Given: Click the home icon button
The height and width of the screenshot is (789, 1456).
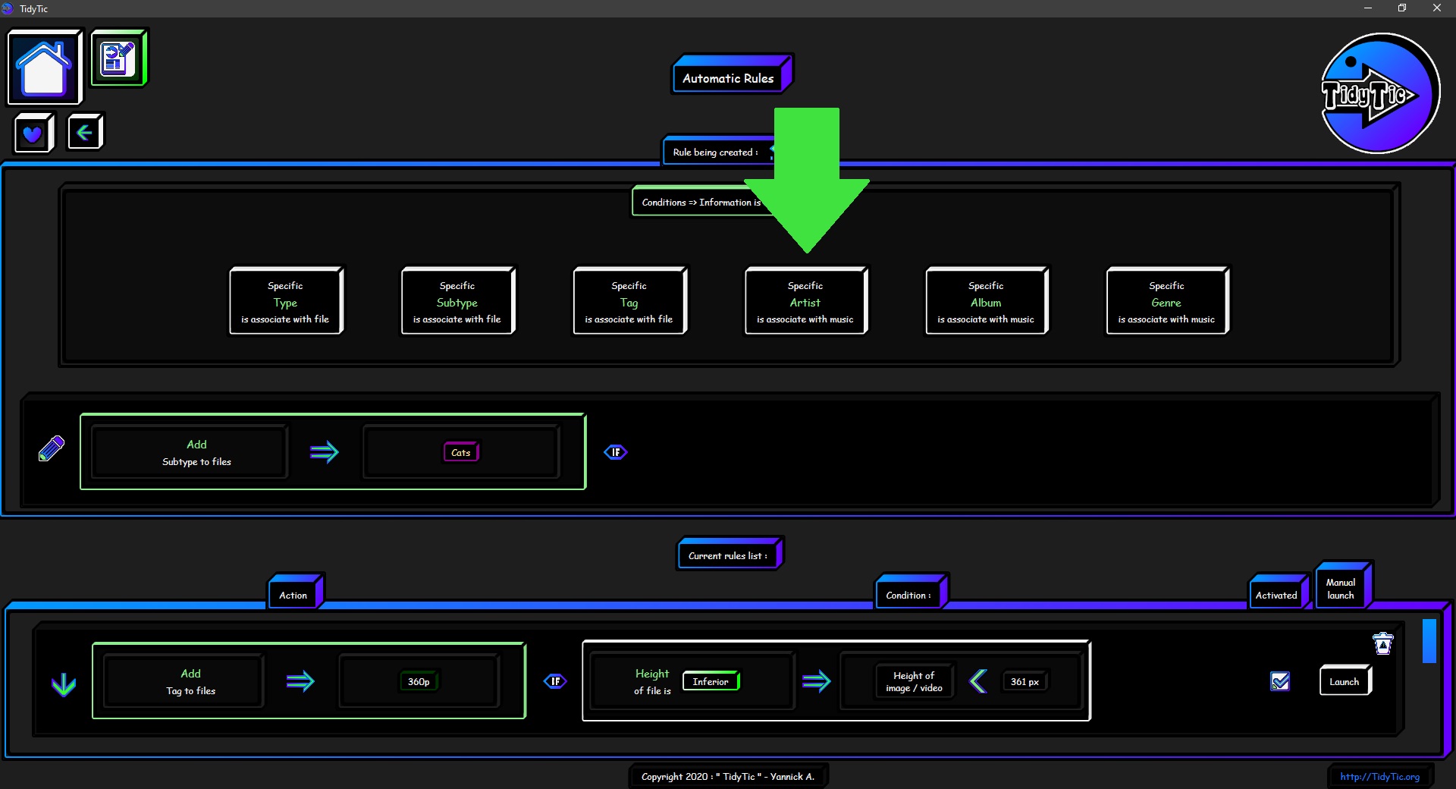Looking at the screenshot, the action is point(45,67).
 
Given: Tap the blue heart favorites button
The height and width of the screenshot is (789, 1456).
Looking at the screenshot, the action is point(33,134).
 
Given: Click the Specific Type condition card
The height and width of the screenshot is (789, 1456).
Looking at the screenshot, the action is point(286,300).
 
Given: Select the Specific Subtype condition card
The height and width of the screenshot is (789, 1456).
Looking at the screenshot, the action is point(457,300).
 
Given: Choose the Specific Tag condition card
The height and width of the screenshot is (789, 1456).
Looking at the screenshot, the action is point(629,300).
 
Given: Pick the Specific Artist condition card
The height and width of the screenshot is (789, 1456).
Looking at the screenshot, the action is point(805,300).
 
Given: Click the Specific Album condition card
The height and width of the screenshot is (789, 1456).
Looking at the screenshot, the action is point(986,300).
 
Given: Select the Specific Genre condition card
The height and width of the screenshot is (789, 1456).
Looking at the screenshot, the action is point(1166,300).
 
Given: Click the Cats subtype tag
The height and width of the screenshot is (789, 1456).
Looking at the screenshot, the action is point(461,452).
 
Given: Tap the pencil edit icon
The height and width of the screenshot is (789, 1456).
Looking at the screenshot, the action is point(51,448).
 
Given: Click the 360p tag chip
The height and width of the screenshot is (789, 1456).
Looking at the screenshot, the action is point(419,681).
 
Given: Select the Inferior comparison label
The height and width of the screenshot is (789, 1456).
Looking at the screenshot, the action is point(711,681).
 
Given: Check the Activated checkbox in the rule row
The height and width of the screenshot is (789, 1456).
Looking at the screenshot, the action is point(1280,681).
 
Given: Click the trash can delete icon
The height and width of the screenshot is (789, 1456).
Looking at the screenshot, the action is point(1383,643).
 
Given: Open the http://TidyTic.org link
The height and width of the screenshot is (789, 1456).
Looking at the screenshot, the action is point(1379,776).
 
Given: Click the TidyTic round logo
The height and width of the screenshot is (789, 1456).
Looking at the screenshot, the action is point(1379,93).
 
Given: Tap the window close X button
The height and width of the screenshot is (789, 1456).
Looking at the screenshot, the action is point(1436,8).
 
